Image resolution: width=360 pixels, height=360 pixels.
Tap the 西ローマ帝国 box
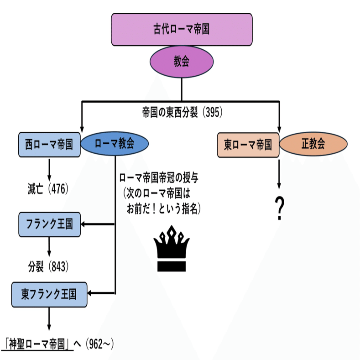pyautogui.click(x=49, y=145)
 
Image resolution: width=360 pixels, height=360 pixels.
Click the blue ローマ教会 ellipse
pyautogui.click(x=115, y=145)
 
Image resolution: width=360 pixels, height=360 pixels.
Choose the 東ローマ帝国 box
pyautogui.click(x=248, y=145)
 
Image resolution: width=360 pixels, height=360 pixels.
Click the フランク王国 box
pyautogui.click(x=49, y=224)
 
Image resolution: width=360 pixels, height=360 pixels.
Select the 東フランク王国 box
pyautogui.click(x=49, y=294)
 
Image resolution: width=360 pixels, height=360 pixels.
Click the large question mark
pyautogui.click(x=279, y=209)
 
